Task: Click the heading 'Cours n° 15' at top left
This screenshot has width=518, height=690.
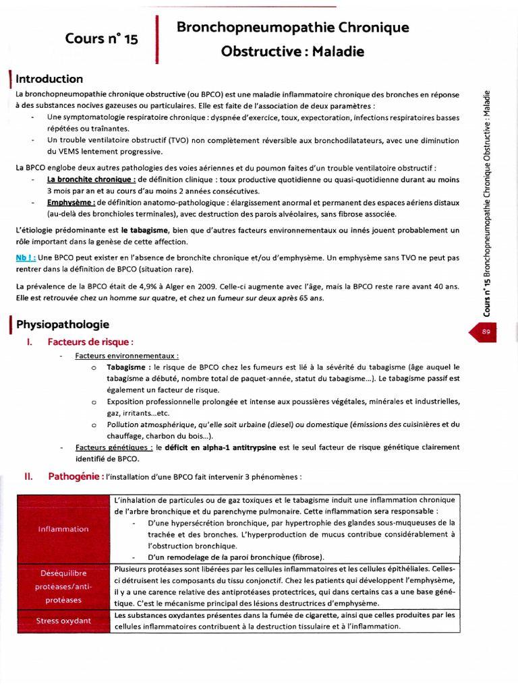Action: [x=101, y=38]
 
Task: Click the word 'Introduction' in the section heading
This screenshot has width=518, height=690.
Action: [x=49, y=79]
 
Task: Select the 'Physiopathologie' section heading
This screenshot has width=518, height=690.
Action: [x=62, y=325]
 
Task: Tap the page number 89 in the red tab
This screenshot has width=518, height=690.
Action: [x=486, y=331]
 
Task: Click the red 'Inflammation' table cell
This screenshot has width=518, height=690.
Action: [x=63, y=529]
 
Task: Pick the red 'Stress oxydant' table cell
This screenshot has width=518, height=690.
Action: [x=63, y=621]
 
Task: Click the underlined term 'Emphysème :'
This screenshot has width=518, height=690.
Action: [x=71, y=202]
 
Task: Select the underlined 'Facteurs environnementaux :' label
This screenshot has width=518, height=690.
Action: [x=127, y=355]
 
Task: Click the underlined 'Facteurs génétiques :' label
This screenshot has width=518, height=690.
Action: [x=114, y=447]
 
